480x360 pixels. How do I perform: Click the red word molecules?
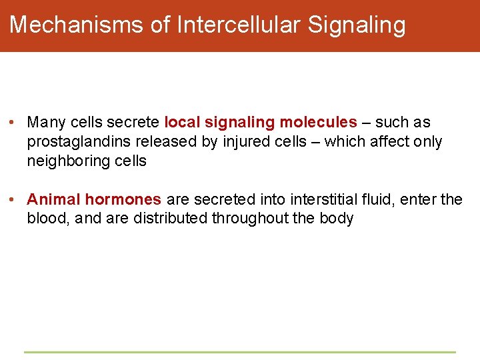click(x=318, y=123)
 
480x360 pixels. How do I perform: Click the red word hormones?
click(x=123, y=199)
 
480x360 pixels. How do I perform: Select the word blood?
click(x=47, y=219)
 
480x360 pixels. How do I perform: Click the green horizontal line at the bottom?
click(x=240, y=352)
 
